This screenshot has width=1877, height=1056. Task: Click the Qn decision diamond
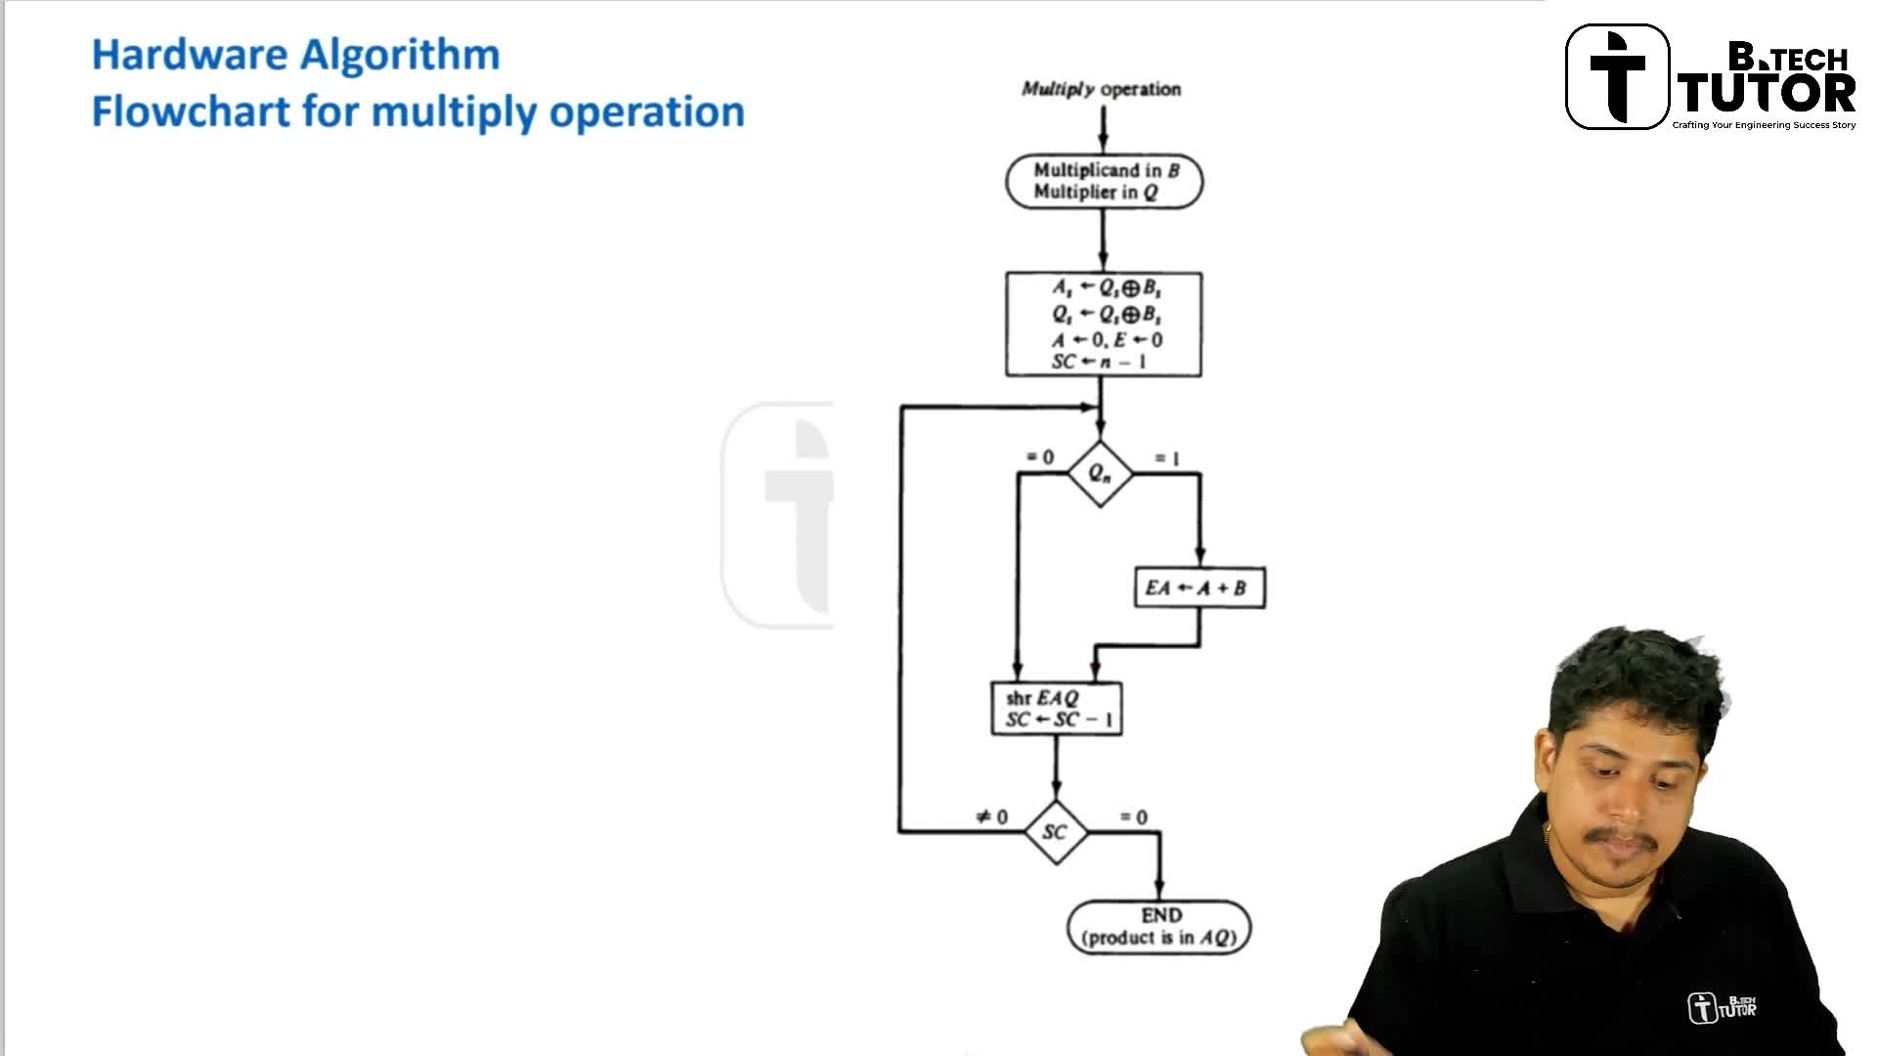(x=1100, y=474)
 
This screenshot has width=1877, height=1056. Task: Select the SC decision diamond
(x=1055, y=832)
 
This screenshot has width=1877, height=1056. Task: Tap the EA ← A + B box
(x=1200, y=588)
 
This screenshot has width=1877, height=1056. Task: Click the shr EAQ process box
(x=1057, y=709)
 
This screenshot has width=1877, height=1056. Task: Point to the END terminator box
(x=1159, y=926)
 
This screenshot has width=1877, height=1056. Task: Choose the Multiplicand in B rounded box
(x=1105, y=182)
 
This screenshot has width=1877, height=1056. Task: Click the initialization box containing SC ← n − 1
(x=1104, y=325)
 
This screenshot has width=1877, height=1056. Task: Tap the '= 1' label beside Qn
(x=1167, y=458)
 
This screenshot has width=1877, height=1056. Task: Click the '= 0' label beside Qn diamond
(x=1040, y=457)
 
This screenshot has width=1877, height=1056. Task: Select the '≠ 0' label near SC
(x=991, y=816)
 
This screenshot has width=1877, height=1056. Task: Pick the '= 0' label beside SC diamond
(x=1134, y=816)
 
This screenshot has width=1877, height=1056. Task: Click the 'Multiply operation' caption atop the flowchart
(x=1101, y=89)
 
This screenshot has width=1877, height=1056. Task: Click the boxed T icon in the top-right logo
(x=1617, y=77)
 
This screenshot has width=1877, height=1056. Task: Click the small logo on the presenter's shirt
(x=1722, y=1006)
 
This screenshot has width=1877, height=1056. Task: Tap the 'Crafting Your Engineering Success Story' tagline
(x=1764, y=125)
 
